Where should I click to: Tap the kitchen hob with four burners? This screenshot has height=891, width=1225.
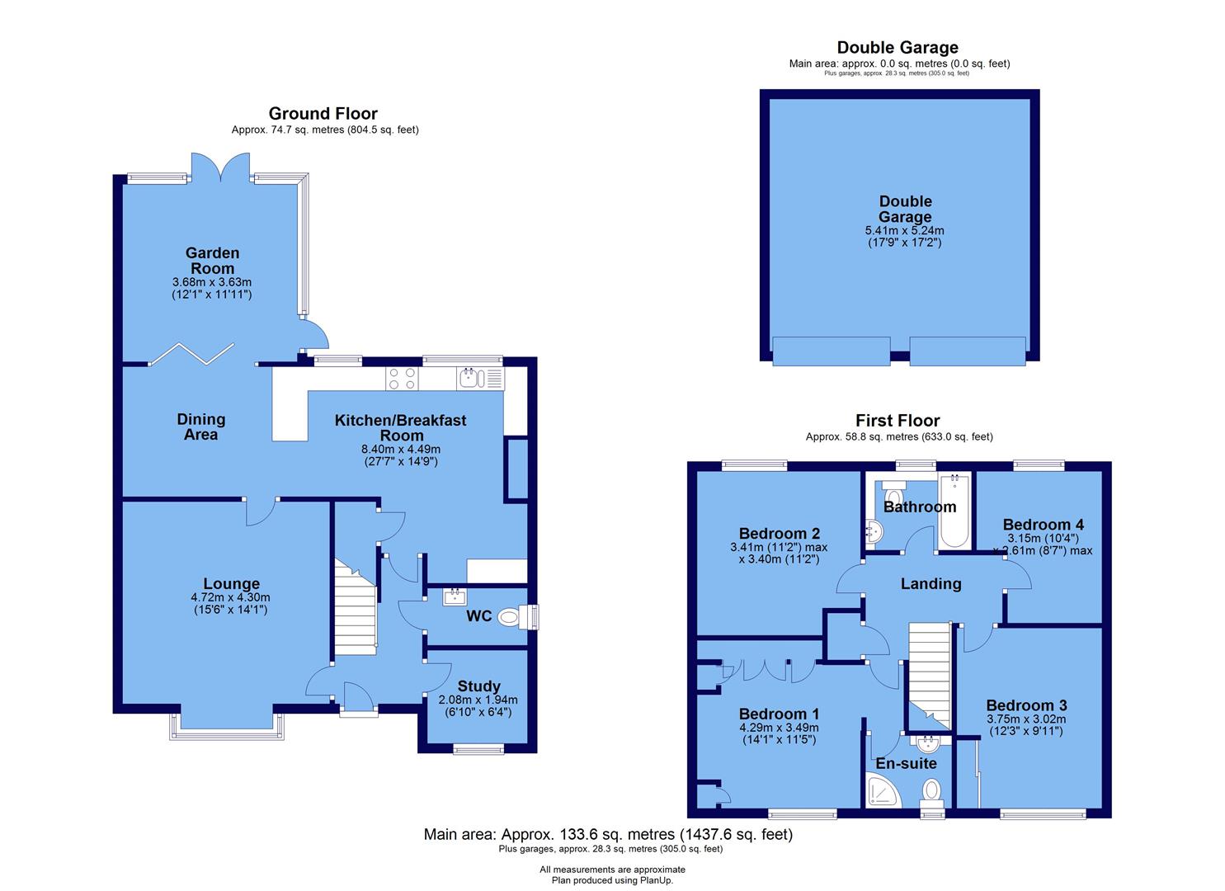[402, 378]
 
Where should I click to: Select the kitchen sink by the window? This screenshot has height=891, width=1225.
[470, 378]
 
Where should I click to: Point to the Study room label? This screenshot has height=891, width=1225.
[478, 686]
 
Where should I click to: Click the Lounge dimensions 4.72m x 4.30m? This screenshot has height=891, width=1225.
[231, 598]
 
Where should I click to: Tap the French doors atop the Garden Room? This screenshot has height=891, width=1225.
[207, 167]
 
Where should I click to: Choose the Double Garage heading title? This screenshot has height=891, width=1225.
[898, 48]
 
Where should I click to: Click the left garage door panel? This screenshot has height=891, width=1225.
[831, 351]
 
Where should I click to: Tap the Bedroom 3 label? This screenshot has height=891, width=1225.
[1026, 705]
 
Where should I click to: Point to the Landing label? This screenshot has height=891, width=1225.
[931, 583]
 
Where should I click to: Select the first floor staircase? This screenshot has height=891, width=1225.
[929, 672]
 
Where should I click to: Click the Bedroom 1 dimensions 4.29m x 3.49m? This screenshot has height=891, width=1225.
[778, 728]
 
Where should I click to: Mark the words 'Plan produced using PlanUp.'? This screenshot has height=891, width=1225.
[612, 880]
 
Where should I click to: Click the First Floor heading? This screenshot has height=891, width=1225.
[898, 421]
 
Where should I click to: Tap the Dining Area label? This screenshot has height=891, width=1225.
[200, 427]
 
